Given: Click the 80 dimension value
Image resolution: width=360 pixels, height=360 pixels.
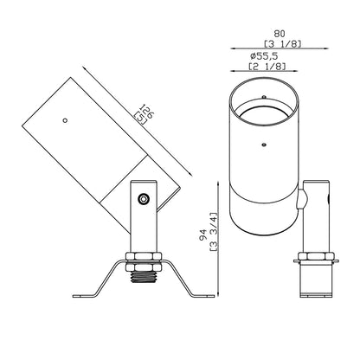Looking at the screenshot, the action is coord(280,34).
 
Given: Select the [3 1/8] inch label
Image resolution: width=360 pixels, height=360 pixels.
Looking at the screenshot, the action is coord(283,44).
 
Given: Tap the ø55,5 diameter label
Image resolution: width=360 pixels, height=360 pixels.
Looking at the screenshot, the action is coord(264,55).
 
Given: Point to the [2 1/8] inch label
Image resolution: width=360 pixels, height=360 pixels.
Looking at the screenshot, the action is coord(267,67).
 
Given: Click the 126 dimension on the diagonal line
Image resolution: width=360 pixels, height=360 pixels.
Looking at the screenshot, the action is coord(147,111).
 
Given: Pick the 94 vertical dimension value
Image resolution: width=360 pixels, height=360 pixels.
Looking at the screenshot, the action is coord(203,235).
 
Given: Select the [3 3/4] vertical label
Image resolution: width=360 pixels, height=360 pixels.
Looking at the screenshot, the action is coord(214,232).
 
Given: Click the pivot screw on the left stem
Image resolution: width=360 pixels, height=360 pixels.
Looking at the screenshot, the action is coord(144,199).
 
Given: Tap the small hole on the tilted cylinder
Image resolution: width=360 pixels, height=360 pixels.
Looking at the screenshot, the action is coord(66,120).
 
